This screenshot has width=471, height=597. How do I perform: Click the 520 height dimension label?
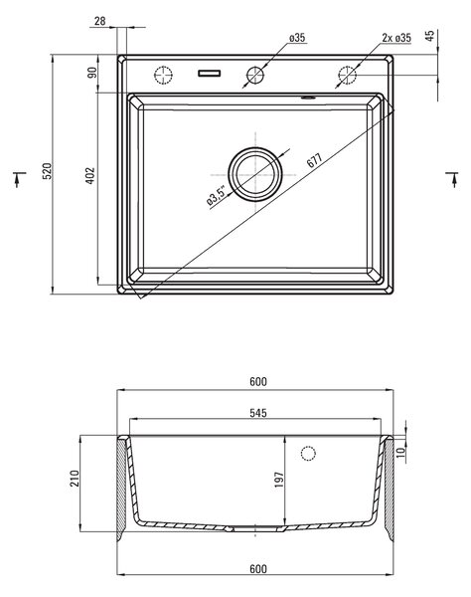point(47,171)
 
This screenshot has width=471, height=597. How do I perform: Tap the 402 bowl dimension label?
point(90,175)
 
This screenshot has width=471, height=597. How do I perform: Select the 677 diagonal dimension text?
point(314,160)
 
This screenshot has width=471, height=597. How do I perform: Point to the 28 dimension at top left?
point(99,21)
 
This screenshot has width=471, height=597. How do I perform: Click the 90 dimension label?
point(92,73)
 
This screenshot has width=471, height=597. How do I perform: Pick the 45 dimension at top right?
point(429,36)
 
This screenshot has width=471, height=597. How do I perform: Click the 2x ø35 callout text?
point(396,38)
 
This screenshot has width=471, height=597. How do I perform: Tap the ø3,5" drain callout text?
point(217,195)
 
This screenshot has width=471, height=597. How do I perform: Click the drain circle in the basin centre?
point(255,174)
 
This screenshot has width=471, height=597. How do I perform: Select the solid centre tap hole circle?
point(255,75)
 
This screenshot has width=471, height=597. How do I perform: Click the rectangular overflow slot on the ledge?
point(209,73)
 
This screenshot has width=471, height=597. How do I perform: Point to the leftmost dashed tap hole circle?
point(163,75)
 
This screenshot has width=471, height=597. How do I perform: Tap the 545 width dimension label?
point(258,413)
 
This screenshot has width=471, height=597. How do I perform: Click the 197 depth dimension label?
point(279,480)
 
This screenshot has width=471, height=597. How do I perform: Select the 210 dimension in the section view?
point(75,479)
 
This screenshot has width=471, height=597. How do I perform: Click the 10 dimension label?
point(401,452)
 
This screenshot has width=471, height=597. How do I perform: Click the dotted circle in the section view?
point(308,453)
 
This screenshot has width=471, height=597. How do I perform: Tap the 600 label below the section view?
point(258,568)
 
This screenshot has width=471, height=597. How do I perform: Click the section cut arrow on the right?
point(453,179)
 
